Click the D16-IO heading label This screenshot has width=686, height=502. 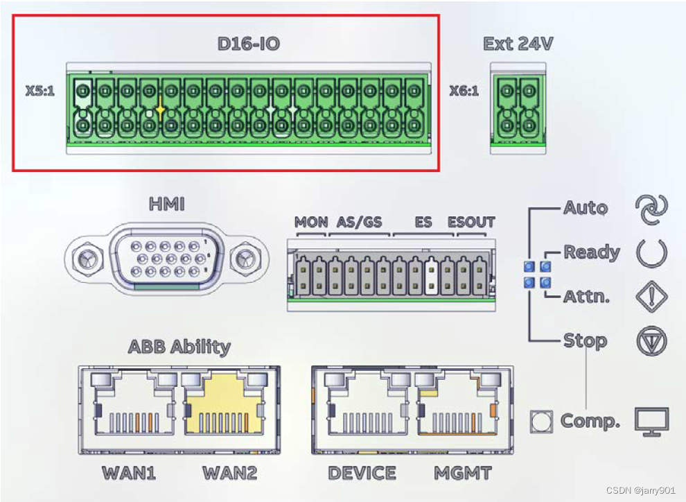(248, 44)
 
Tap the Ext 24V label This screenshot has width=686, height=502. (518, 44)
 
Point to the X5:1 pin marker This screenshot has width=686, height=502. (39, 91)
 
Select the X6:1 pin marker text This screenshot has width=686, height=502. (464, 91)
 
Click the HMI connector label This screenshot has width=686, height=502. (167, 205)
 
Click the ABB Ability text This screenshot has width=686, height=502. (179, 347)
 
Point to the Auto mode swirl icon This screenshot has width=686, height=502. (651, 209)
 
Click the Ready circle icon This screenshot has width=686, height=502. (651, 253)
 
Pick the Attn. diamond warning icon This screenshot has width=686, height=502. (651, 297)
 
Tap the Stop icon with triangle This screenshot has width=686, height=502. (651, 341)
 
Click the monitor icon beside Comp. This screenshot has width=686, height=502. (651, 422)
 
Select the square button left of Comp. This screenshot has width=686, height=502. (540, 421)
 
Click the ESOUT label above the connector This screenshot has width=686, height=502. (471, 223)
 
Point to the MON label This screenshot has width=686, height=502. (311, 223)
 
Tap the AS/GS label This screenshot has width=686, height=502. (359, 223)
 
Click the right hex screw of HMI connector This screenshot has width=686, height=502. (243, 259)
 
